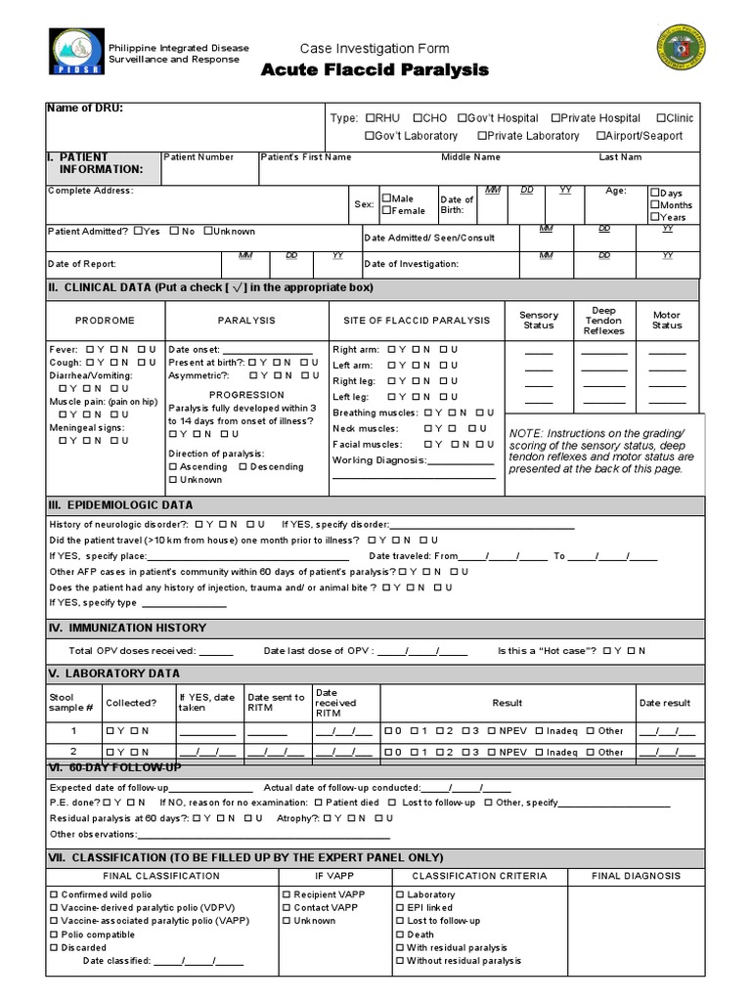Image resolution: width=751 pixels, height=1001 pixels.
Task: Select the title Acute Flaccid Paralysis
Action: tap(375, 70)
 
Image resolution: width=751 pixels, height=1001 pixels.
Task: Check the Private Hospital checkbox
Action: tap(556, 118)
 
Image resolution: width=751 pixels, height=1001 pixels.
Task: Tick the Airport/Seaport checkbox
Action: tap(599, 136)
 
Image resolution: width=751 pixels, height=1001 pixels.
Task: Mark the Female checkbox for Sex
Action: tap(387, 210)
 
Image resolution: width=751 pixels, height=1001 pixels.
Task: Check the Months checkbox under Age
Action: tap(655, 205)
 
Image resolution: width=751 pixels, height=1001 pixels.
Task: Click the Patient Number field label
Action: tap(199, 157)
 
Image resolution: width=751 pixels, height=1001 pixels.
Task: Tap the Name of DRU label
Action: tap(85, 108)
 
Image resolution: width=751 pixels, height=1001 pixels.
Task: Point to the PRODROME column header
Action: tap(105, 320)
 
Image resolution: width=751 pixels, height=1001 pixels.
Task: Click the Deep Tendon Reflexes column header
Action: tap(603, 321)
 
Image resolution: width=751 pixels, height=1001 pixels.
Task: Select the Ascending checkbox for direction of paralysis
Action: tap(174, 467)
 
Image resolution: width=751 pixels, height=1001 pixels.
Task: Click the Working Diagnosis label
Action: tap(379, 460)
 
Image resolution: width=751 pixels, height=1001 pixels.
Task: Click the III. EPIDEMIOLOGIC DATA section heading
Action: tap(120, 505)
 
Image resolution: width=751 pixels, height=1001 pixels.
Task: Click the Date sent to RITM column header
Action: tap(276, 703)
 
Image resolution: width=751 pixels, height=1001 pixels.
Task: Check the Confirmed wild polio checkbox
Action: tap(54, 894)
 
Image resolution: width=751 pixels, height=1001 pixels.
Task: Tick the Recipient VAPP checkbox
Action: tap(286, 894)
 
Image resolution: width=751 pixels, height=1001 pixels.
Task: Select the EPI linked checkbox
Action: tap(400, 908)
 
